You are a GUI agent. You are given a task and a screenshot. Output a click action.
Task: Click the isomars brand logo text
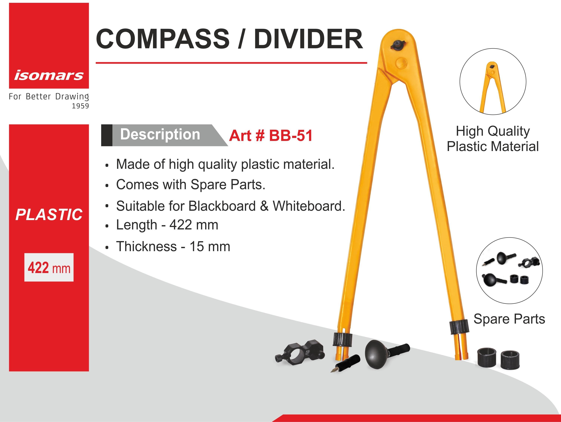[49, 76]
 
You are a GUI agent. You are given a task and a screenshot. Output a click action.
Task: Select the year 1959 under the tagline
[80, 106]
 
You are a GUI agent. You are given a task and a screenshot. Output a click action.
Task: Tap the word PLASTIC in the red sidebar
[49, 215]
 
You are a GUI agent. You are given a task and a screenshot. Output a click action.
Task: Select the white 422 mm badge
[49, 267]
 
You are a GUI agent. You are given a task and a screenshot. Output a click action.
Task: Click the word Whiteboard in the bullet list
[309, 206]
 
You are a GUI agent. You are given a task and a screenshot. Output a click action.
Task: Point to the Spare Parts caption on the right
[509, 319]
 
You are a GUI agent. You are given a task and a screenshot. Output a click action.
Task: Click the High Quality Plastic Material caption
[493, 139]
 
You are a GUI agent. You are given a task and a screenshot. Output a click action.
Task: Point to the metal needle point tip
[331, 372]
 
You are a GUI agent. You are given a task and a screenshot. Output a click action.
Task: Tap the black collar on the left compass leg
[342, 339]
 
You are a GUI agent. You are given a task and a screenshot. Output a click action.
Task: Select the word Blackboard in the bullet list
[222, 206]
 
